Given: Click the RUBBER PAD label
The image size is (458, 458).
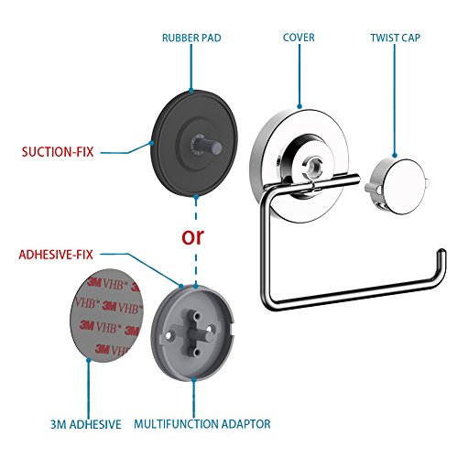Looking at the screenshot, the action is click(x=191, y=38).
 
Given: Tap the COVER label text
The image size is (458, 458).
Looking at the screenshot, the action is click(x=299, y=38).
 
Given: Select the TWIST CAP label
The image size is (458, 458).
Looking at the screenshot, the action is click(x=396, y=38).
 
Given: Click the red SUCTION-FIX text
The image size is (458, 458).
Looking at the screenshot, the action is click(x=58, y=152).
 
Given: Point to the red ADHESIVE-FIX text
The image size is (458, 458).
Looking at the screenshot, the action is click(x=56, y=255).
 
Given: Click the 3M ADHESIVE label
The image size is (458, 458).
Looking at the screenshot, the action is click(x=86, y=424).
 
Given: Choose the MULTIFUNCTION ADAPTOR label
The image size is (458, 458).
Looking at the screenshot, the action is click(x=202, y=424).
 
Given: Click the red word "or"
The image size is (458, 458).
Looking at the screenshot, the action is click(x=192, y=237).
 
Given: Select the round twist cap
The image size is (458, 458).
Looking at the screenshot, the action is click(x=397, y=186).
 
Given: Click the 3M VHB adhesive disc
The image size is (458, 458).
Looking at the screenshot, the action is click(x=106, y=315).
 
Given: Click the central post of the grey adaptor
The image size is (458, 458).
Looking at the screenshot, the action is click(x=202, y=333).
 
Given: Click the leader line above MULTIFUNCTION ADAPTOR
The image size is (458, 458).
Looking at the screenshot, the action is click(x=193, y=398).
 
